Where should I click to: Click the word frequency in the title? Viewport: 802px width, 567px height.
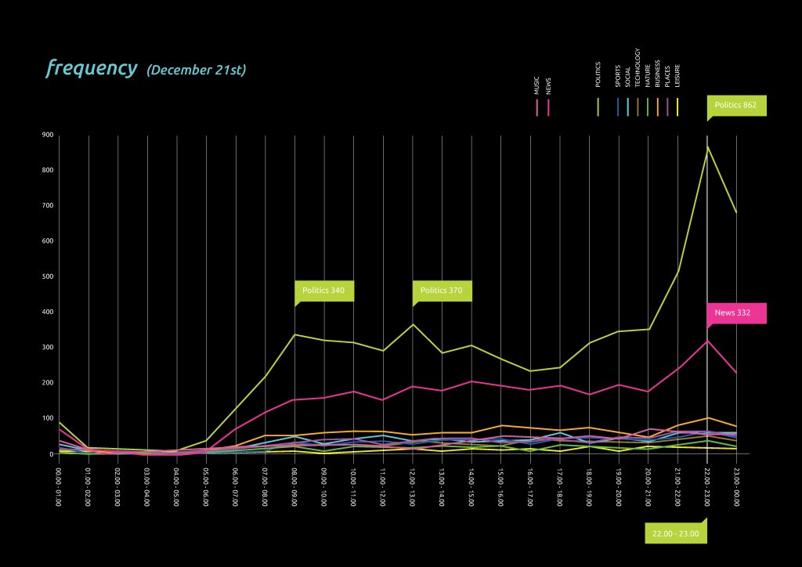coord(91,68)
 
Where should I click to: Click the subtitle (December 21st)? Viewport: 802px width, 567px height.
coord(196,70)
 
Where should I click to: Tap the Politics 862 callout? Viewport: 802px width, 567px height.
coord(736,105)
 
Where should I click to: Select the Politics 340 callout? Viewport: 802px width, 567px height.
coord(324,291)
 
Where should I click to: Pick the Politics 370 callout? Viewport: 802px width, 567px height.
coord(442,291)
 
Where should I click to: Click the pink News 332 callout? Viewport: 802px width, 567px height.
coord(736,313)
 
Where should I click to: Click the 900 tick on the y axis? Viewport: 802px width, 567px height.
coord(47,135)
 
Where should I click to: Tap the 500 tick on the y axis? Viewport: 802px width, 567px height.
coord(47,276)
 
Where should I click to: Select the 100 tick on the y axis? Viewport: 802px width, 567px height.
coord(47,418)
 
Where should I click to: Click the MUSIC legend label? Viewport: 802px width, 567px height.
coord(536,85)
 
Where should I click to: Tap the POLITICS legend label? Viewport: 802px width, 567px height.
coord(598,74)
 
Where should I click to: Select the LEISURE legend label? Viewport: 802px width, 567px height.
coord(677,75)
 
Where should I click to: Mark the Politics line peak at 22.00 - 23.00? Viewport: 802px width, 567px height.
coord(707,146)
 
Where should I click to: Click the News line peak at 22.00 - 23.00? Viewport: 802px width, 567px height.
coord(707,340)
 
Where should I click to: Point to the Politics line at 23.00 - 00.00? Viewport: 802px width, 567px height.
coord(737,212)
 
